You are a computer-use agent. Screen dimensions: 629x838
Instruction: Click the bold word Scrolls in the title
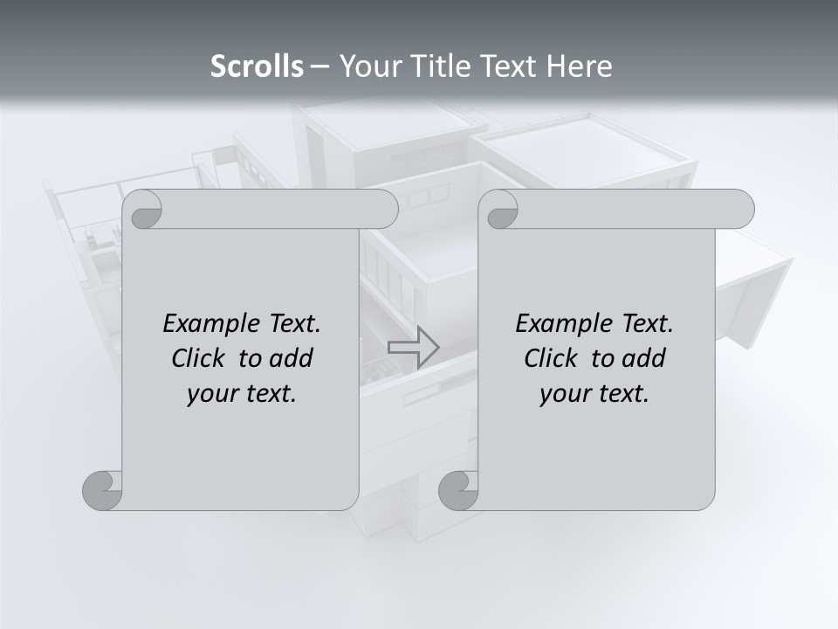tap(258, 66)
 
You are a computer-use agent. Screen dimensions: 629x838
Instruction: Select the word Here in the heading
tap(580, 66)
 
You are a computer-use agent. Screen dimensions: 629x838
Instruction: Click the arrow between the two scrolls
tap(413, 348)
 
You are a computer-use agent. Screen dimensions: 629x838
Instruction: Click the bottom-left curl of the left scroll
tap(103, 490)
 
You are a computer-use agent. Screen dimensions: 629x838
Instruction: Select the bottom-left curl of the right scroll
tap(458, 490)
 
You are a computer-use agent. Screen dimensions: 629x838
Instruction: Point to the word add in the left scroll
tap(292, 358)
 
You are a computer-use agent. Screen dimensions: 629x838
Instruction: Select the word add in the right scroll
tap(644, 358)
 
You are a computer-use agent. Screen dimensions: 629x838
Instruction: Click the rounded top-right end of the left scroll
tap(384, 210)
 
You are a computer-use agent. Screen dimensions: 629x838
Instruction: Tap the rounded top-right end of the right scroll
tap(740, 210)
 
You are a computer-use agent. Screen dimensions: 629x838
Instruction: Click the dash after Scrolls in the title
tap(319, 66)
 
